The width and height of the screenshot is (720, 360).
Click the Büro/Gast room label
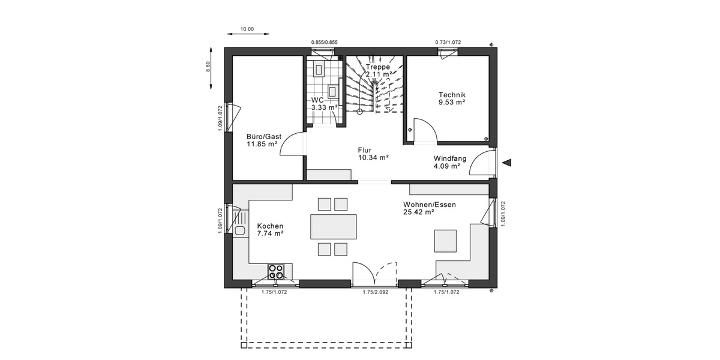263,136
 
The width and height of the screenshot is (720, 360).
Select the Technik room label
452,95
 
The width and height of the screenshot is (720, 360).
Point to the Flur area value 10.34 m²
373,157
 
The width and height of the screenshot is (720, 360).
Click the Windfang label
450,158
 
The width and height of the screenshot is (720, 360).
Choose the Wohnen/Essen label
429,205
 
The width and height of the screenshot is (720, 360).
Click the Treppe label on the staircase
378,67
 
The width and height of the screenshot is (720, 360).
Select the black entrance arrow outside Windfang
508,162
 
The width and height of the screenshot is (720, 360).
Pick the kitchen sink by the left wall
241,230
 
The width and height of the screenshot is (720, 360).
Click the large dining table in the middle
332,227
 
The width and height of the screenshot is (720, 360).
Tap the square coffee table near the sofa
445,240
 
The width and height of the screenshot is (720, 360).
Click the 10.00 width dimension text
247,29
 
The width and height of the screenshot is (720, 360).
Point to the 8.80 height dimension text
208,67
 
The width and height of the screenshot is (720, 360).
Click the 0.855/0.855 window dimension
324,42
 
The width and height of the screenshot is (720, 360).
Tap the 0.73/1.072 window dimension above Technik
448,42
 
